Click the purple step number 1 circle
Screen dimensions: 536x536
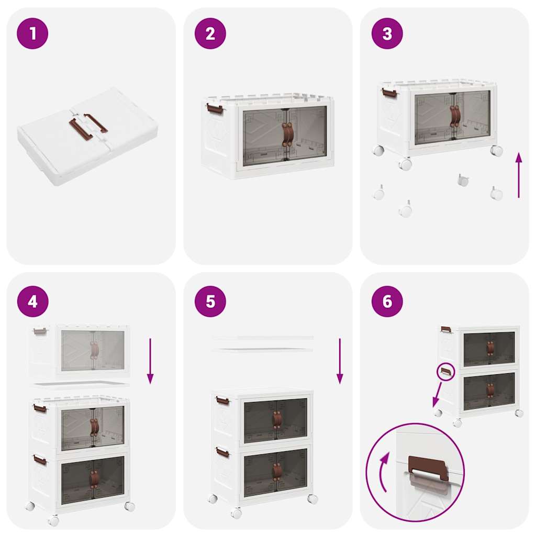pos(32,33)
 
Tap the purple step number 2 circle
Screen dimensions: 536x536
pos(210,33)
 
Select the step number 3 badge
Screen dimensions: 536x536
pos(387,33)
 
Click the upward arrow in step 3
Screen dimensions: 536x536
pos(518,175)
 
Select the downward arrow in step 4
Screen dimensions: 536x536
pos(150,361)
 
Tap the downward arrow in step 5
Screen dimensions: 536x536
pos(340,361)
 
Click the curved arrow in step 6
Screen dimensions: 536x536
pos(384,471)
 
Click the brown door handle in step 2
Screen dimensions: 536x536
pos(287,135)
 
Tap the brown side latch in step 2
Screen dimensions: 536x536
pos(215,109)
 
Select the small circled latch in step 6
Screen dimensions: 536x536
pos(445,372)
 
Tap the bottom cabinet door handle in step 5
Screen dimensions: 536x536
pos(277,471)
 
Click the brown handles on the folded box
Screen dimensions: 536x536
pos(88,126)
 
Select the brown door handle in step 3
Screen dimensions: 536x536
pos(455,116)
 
